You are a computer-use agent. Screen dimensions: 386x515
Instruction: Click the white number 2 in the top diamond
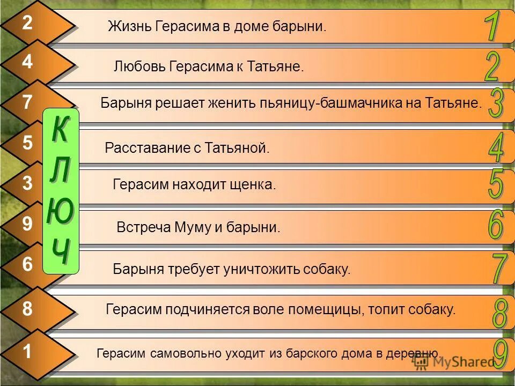tap(27, 23)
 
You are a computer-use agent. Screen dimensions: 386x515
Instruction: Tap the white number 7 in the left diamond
tap(27, 102)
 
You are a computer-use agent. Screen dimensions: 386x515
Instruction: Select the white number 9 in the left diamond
tap(27, 224)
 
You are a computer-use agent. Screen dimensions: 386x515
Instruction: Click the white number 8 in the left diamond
tap(27, 309)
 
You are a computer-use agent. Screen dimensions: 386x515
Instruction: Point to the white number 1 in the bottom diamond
tap(27, 352)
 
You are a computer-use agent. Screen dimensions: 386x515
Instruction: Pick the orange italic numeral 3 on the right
tap(496, 103)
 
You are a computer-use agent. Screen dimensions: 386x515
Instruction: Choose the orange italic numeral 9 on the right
tap(500, 354)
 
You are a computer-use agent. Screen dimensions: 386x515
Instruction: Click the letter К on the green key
tap(61, 129)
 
